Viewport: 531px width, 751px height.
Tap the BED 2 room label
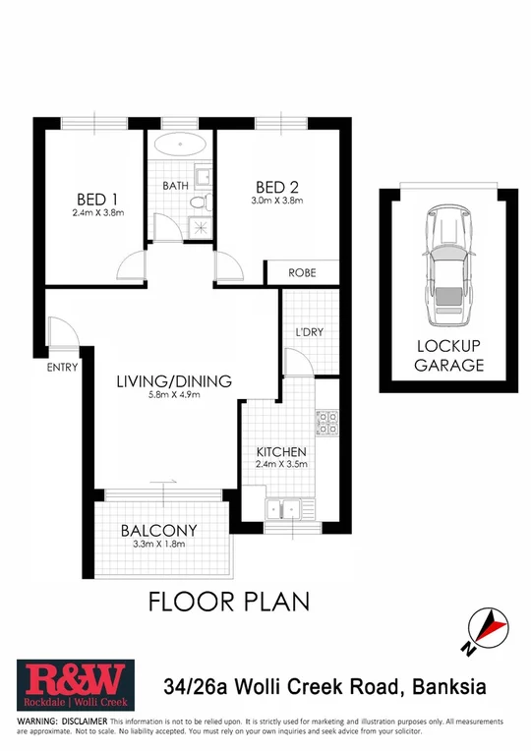click(x=276, y=187)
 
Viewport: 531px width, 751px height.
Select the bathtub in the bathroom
click(x=181, y=153)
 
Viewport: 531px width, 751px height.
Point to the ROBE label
click(x=302, y=274)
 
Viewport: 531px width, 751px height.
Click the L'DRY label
click(x=310, y=331)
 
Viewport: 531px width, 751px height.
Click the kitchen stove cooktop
click(x=326, y=423)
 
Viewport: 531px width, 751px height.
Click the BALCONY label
click(x=158, y=530)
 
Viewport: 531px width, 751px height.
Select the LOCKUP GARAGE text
click(x=449, y=356)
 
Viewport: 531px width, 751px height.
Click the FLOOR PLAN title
click(x=228, y=601)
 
